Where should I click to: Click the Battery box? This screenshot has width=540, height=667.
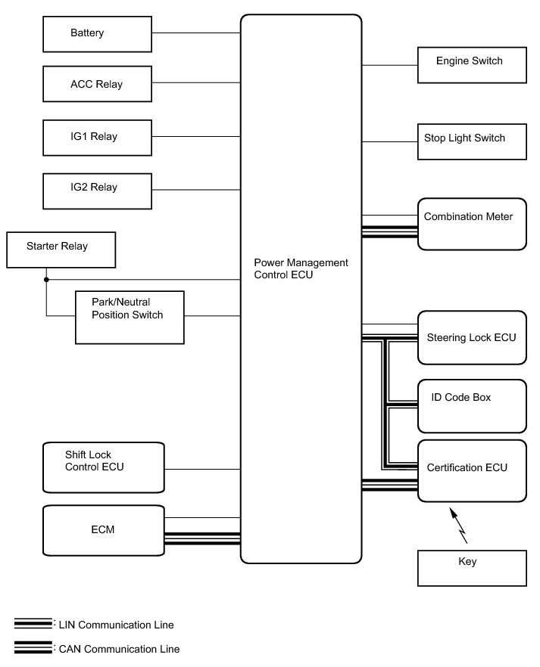[x=98, y=34]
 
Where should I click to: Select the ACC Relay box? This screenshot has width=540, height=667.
[x=98, y=84]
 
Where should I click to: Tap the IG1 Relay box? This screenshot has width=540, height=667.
[x=98, y=137]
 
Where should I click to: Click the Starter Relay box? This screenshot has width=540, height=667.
[x=61, y=249]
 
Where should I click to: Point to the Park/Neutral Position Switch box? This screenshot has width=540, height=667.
[x=130, y=317]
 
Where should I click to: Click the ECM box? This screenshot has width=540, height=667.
[x=104, y=530]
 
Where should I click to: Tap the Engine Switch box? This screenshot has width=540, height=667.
[x=472, y=64]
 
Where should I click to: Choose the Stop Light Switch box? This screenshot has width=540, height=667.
[x=472, y=139]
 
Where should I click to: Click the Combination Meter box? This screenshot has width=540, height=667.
[x=472, y=224]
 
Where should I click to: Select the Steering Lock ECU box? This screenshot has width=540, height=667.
[x=472, y=337]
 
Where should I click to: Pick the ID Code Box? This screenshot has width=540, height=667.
[x=472, y=405]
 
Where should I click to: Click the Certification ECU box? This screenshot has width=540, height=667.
[x=472, y=470]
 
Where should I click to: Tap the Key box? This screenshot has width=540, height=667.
[x=472, y=567]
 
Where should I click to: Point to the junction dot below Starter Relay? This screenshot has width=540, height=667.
[x=46, y=280]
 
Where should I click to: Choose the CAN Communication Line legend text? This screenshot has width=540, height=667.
[x=118, y=649]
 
